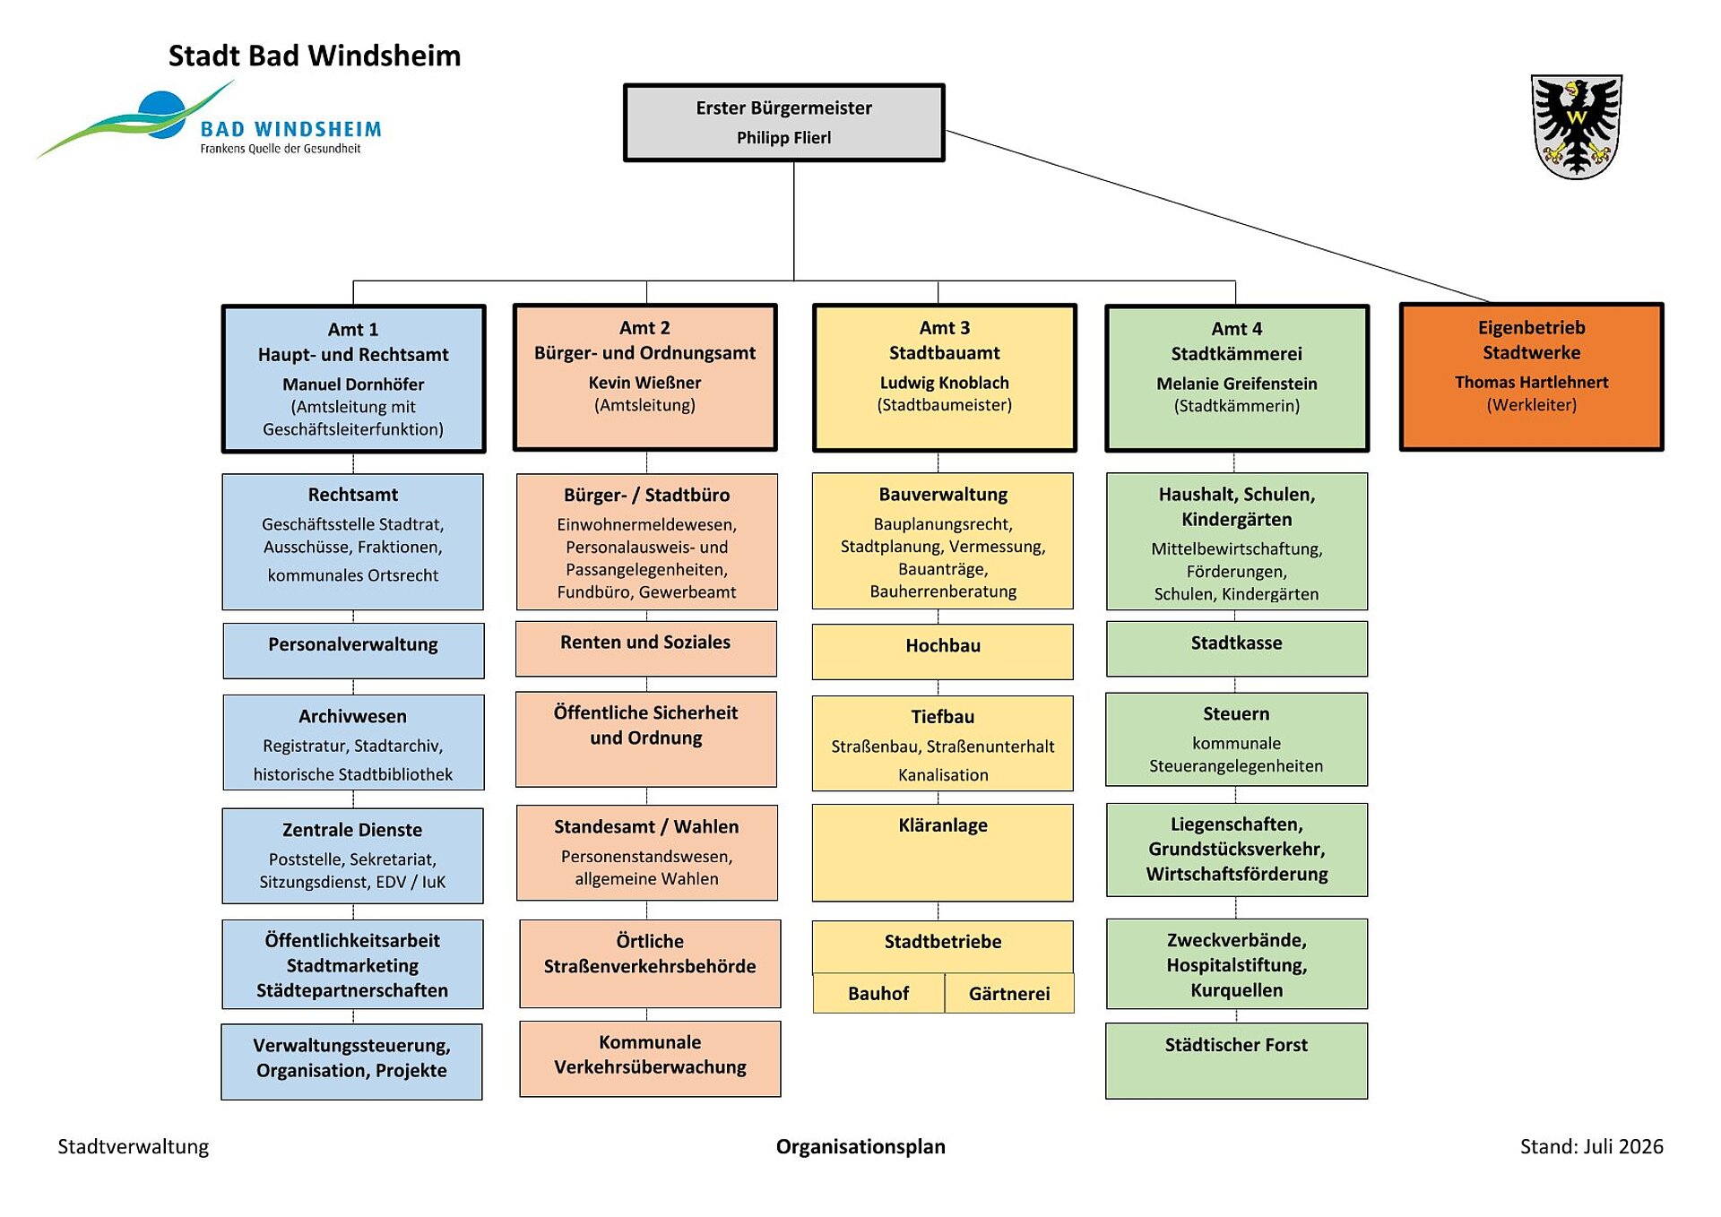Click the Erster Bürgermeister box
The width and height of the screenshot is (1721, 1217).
click(784, 123)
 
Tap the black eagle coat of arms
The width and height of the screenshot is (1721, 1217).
click(1577, 126)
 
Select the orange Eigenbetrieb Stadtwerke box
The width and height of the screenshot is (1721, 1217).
click(1531, 376)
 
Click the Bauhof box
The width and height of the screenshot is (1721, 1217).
click(878, 993)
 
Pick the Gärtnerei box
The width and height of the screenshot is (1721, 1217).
click(1009, 993)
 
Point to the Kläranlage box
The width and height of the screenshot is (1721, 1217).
click(943, 852)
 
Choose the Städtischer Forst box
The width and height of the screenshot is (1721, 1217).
click(1237, 1061)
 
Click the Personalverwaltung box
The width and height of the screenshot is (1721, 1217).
click(353, 651)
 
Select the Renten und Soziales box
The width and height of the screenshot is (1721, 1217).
click(646, 649)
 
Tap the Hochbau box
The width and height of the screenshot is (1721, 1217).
click(943, 652)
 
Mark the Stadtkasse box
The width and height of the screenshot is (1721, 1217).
click(1237, 649)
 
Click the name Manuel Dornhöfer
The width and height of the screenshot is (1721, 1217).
click(353, 384)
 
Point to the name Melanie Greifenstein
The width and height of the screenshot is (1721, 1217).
click(1237, 384)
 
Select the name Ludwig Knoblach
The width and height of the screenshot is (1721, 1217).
click(945, 383)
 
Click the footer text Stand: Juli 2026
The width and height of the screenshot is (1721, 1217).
click(1592, 1146)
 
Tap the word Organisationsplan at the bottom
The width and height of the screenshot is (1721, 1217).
click(860, 1147)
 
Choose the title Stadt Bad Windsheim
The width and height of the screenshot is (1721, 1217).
click(315, 56)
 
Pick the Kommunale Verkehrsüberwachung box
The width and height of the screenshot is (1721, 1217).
click(650, 1059)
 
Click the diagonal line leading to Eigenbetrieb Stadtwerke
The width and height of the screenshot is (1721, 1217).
click(1217, 216)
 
